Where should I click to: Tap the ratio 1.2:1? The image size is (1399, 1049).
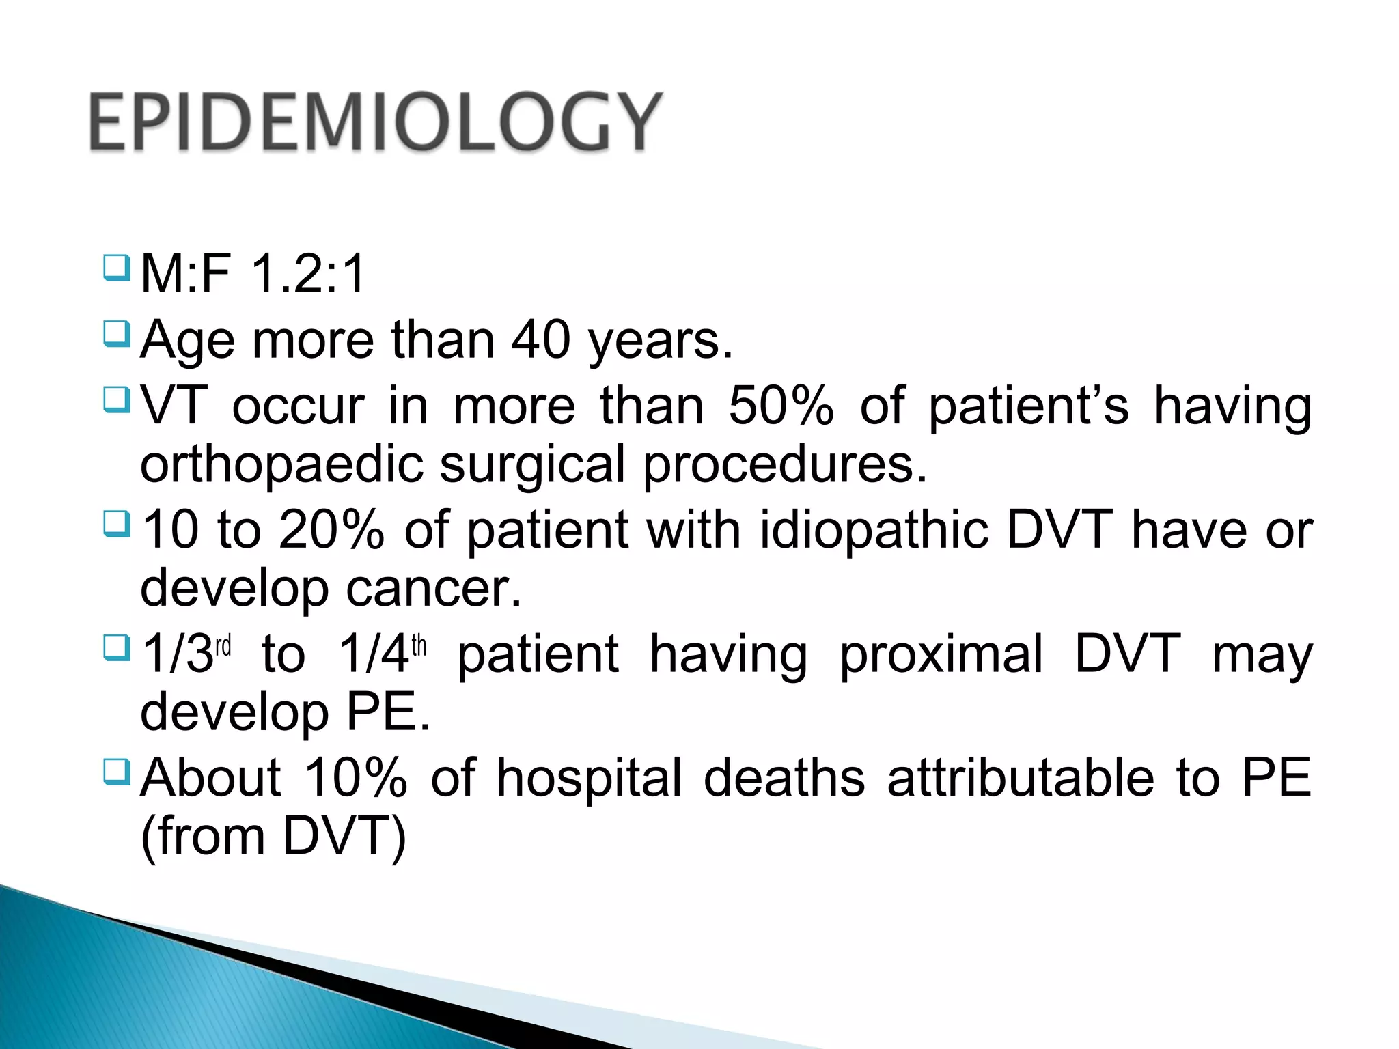coord(308,274)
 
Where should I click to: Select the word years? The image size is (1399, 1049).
coord(661,341)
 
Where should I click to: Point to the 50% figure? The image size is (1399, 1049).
coord(781,406)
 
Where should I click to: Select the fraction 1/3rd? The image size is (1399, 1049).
coord(186,654)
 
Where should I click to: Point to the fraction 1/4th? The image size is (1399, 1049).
coord(382,654)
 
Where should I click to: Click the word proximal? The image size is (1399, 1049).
coord(941,654)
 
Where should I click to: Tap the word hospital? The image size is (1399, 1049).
coord(589,778)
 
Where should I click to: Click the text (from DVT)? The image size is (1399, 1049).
coord(273,836)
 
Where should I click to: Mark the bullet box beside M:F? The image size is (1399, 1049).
coord(116,268)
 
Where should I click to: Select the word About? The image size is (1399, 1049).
coord(210,778)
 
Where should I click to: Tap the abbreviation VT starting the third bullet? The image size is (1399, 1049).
coord(174,406)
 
